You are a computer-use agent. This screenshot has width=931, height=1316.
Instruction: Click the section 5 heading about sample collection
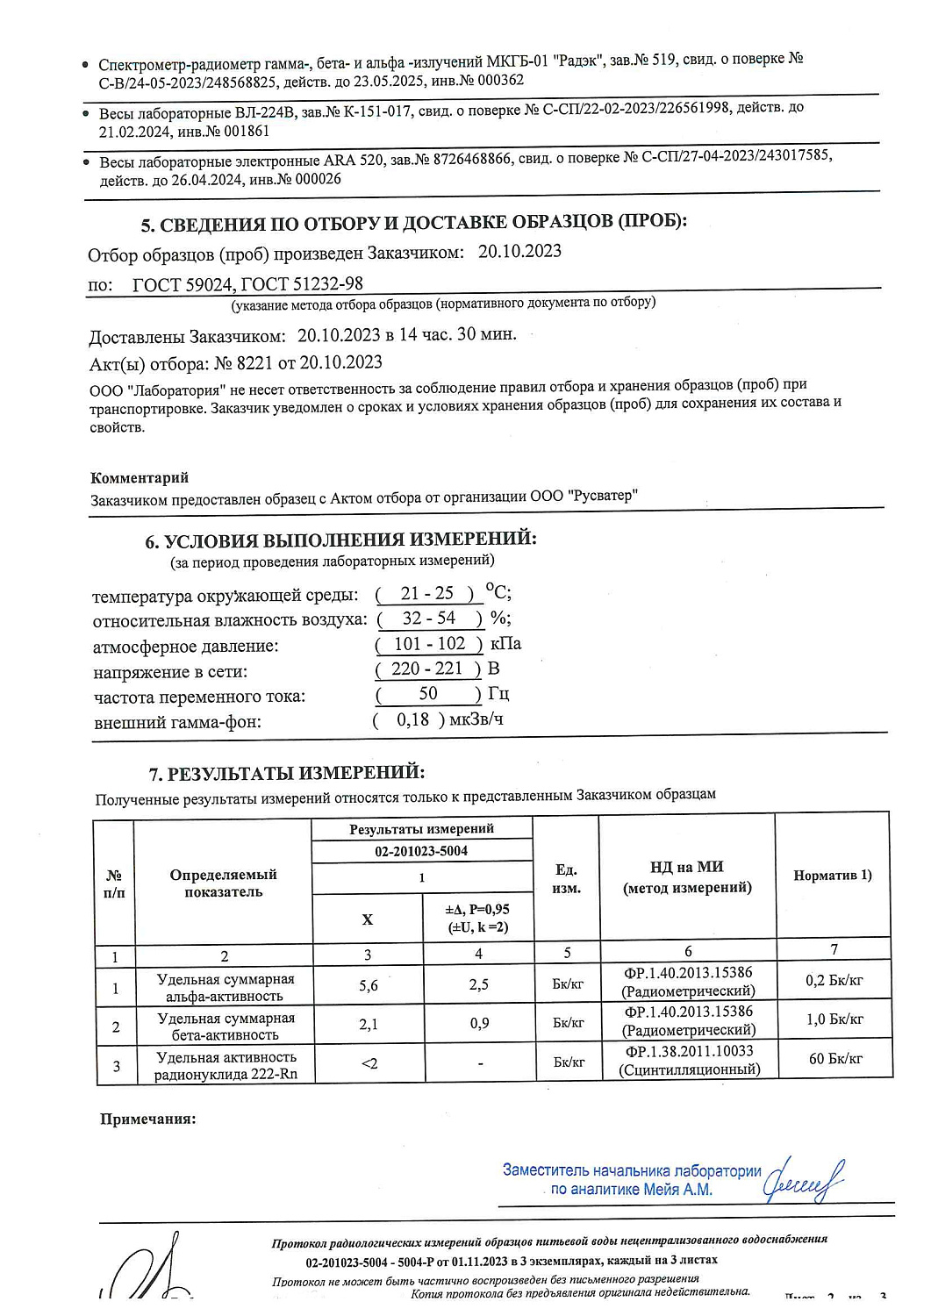point(413,223)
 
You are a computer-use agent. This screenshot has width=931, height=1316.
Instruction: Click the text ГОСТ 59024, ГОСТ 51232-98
point(247,283)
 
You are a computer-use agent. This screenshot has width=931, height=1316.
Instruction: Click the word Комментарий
point(140,477)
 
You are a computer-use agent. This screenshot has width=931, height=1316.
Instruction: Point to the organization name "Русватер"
point(603,495)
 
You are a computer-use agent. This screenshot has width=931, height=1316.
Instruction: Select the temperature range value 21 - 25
point(426,593)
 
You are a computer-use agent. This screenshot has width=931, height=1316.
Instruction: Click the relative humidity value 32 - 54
point(428,618)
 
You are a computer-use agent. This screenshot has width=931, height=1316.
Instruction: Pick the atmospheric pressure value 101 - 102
point(429,643)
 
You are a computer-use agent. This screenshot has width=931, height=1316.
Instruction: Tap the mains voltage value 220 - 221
point(426,669)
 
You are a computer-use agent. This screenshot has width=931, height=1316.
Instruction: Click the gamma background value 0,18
point(412,719)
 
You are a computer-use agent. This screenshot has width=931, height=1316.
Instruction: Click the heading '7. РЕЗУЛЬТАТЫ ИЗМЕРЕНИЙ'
point(287,773)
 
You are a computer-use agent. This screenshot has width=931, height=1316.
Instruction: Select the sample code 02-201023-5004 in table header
point(421,851)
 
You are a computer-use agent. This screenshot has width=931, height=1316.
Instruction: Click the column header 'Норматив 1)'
point(832,875)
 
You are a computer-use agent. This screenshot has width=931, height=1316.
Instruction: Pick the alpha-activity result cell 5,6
point(369,986)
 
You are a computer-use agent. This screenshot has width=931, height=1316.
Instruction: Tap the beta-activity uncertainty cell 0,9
point(479,1023)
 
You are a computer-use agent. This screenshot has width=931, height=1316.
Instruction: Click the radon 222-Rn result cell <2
point(369,1063)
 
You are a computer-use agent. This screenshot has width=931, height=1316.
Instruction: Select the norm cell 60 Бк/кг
point(834,1059)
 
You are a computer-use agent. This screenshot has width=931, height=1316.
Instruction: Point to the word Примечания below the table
point(147,1119)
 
